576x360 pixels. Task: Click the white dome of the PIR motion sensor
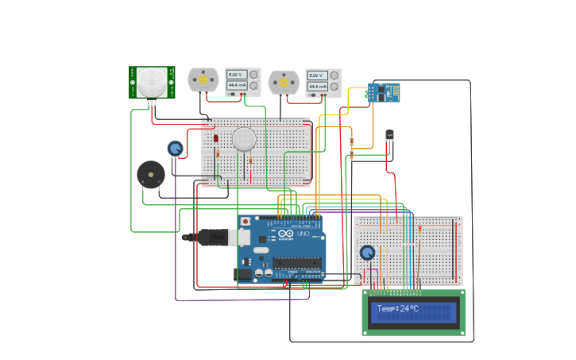(x=152, y=80)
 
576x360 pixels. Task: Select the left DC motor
(x=203, y=79)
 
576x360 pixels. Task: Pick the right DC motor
(x=284, y=81)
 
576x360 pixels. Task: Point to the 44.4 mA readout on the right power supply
(x=317, y=86)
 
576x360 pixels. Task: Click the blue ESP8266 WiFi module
(x=385, y=93)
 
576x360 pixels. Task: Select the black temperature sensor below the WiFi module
(x=389, y=135)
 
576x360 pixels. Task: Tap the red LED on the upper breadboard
(x=215, y=138)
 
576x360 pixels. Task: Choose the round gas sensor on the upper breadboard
(x=244, y=140)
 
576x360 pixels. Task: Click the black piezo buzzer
(x=151, y=175)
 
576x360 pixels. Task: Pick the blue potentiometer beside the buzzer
(x=175, y=148)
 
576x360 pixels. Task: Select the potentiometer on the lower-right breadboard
(x=367, y=253)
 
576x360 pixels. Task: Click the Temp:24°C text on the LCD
(x=396, y=308)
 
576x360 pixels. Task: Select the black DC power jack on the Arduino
(x=243, y=274)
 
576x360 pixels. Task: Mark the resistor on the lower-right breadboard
(x=420, y=230)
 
